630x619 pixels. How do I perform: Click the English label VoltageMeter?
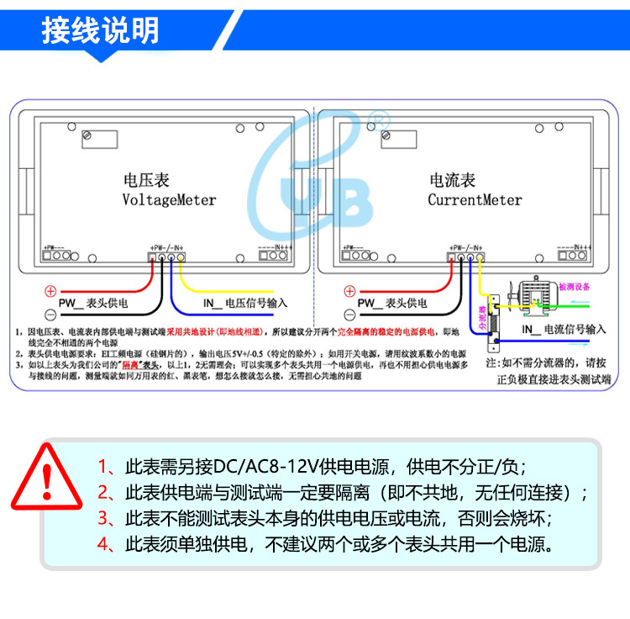(169, 200)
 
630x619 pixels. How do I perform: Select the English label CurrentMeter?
(475, 200)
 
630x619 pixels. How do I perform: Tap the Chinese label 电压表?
(146, 181)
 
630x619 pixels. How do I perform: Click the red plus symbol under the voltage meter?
(50, 290)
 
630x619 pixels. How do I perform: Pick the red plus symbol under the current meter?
(349, 290)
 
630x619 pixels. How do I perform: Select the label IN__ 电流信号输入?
(562, 329)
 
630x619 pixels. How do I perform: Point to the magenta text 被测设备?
(575, 287)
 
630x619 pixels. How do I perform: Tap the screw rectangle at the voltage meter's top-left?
(87, 135)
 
